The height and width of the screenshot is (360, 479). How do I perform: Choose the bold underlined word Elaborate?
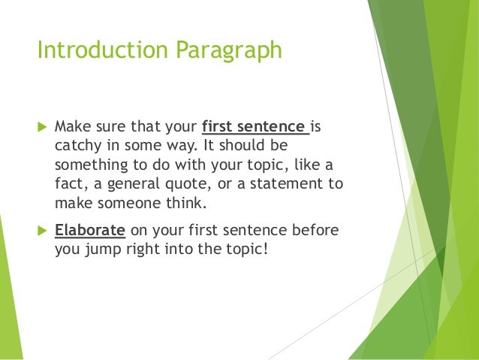point(89,228)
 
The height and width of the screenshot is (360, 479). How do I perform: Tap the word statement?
point(284,183)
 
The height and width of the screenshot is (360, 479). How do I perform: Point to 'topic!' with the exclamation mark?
point(246,249)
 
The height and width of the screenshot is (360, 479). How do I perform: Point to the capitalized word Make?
point(71,124)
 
